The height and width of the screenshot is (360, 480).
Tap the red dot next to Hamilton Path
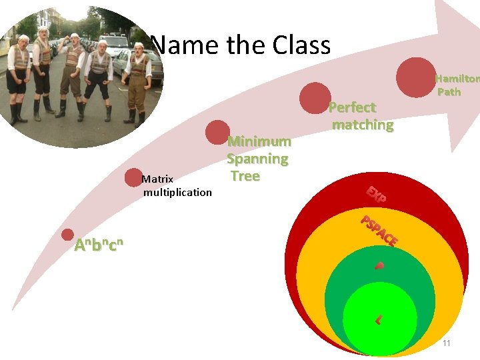point(416,77)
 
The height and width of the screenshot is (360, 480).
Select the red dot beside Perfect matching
point(315,97)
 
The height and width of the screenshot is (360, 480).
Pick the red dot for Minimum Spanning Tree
point(217,132)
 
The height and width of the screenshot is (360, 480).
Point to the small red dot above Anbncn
point(67,235)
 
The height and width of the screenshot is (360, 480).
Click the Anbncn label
point(99,245)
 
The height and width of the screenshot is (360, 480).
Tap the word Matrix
point(158,179)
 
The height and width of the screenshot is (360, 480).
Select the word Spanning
point(257,159)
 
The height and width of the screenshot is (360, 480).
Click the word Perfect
point(353,107)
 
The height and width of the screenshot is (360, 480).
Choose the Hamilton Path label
point(455,85)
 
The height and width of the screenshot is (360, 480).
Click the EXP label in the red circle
point(375,194)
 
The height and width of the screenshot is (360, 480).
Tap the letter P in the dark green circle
point(379,266)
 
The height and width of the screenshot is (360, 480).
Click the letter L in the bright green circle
point(378,320)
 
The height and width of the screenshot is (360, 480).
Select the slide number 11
point(447,343)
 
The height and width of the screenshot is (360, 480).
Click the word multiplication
point(177,192)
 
